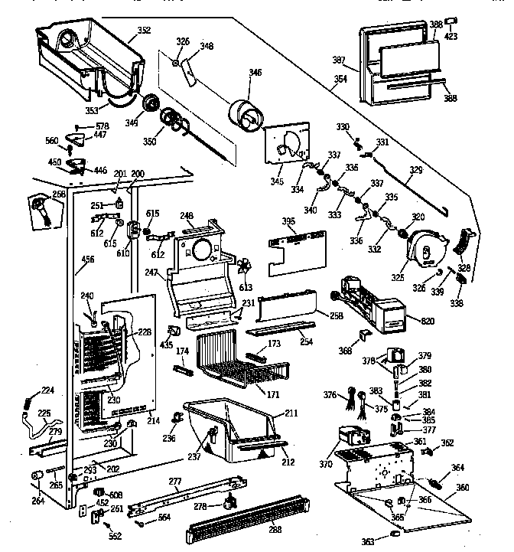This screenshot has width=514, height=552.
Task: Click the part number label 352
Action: click(x=143, y=31)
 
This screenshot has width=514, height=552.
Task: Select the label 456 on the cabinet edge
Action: click(x=88, y=260)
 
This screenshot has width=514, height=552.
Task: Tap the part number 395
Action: click(x=288, y=221)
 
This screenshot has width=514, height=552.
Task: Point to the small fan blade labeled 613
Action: click(x=243, y=266)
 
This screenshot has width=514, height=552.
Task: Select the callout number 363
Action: click(x=369, y=541)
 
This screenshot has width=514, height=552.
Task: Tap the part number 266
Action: click(x=58, y=194)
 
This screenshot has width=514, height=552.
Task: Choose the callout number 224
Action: click(x=47, y=390)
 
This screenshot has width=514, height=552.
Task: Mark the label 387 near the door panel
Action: click(x=338, y=59)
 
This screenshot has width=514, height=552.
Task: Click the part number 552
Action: click(x=115, y=537)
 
